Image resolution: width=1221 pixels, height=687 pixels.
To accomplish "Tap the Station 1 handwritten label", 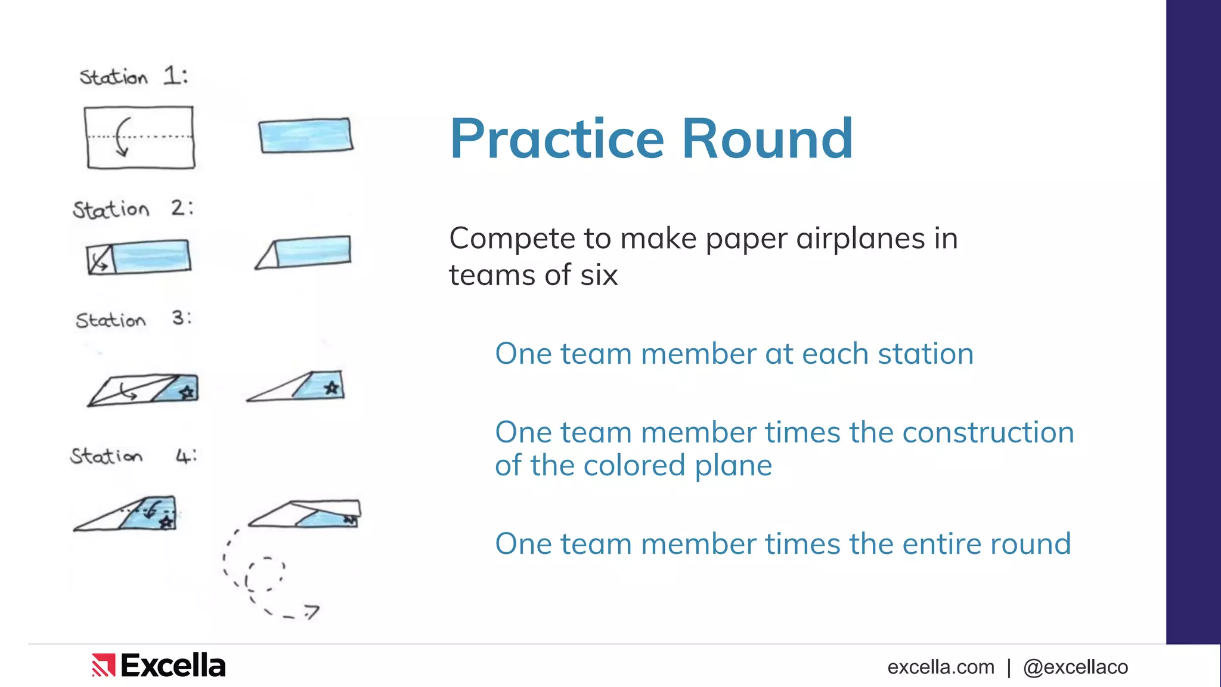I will click(134, 76).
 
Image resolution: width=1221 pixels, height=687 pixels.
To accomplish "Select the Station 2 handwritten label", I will click(132, 209).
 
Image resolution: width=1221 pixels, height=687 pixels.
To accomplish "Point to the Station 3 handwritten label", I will click(133, 319).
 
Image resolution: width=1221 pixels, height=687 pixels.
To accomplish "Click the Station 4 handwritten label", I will click(132, 456).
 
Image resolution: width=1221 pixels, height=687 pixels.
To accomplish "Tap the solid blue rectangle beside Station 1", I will click(305, 135).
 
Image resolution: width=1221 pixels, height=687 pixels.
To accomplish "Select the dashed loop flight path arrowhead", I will click(312, 611).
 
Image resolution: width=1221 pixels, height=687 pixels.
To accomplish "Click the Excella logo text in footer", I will click(173, 666).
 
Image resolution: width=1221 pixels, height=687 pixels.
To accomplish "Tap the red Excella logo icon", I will click(103, 666).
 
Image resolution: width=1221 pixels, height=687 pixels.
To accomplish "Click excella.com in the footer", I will click(940, 667).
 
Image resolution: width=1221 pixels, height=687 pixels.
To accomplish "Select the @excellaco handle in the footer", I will click(1075, 667).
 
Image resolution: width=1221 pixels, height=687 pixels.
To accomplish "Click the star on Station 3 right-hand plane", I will click(331, 388).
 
